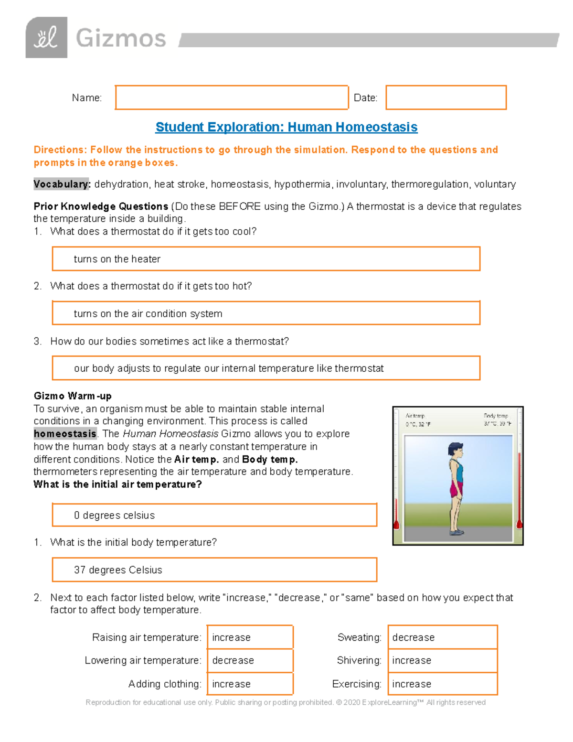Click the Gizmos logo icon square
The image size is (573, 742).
click(x=46, y=38)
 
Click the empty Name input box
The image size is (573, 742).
click(x=232, y=97)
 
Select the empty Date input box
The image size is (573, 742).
click(x=446, y=97)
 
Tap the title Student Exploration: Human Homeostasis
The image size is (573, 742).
click(x=286, y=127)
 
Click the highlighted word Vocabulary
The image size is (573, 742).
click(x=61, y=184)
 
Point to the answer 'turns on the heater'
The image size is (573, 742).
click(x=117, y=259)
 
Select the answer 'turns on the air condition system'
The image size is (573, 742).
click(x=148, y=313)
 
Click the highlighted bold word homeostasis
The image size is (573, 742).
click(x=65, y=434)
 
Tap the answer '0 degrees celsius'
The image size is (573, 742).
click(x=114, y=515)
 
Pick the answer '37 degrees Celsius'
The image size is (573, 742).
click(x=118, y=570)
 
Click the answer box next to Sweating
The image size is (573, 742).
click(x=442, y=637)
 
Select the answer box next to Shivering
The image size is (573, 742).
click(x=442, y=660)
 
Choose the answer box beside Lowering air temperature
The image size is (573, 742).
click(x=250, y=660)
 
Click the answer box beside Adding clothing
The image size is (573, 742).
click(x=250, y=684)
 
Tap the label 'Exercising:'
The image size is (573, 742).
click(x=357, y=684)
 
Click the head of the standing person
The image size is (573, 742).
click(x=456, y=450)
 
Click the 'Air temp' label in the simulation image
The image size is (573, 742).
click(x=415, y=416)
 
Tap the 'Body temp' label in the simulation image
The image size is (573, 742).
click(x=496, y=416)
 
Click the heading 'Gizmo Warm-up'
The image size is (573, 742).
click(x=73, y=396)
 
